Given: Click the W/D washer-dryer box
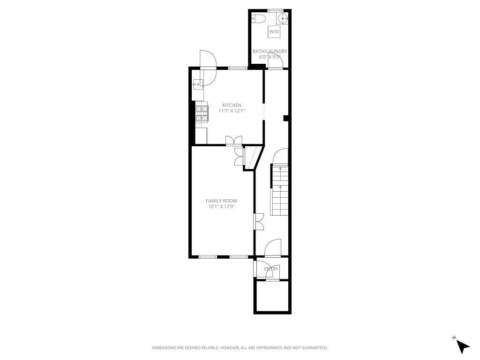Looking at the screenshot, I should pos(274,32).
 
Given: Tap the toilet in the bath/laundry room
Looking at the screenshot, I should pos(258,18).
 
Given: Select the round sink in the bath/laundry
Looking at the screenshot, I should pos(283,18).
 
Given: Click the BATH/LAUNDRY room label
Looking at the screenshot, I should pos(270,51).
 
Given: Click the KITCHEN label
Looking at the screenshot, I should pos(232,105).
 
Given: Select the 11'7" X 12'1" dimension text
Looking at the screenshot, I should pos(232,111).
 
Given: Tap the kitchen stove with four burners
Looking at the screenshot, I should pos(202,114).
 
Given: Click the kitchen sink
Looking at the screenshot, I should pos(197,84).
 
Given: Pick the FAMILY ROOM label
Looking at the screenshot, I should pos(221,201).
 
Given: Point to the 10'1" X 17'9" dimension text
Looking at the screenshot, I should pos(221,207).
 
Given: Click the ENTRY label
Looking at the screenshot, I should pos(271,269).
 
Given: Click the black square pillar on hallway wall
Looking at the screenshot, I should pos(285,119).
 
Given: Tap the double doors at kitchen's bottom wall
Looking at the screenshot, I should pos(233,141).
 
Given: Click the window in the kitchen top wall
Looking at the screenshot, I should pos(238,68).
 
